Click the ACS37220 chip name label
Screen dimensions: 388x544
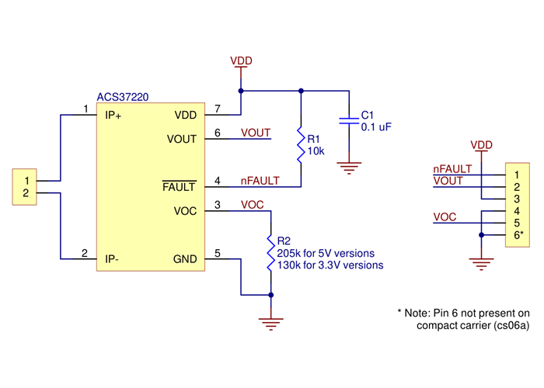click(123, 97)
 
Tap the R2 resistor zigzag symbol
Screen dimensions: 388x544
click(270, 252)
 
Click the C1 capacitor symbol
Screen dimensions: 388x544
click(348, 120)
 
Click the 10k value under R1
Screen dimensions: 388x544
click(316, 150)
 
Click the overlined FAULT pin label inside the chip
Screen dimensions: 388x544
click(180, 187)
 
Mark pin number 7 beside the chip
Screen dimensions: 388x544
click(218, 109)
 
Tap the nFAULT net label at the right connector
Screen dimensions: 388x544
click(452, 168)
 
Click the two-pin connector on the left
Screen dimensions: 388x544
click(26, 186)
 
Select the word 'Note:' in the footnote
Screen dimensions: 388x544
click(420, 312)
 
